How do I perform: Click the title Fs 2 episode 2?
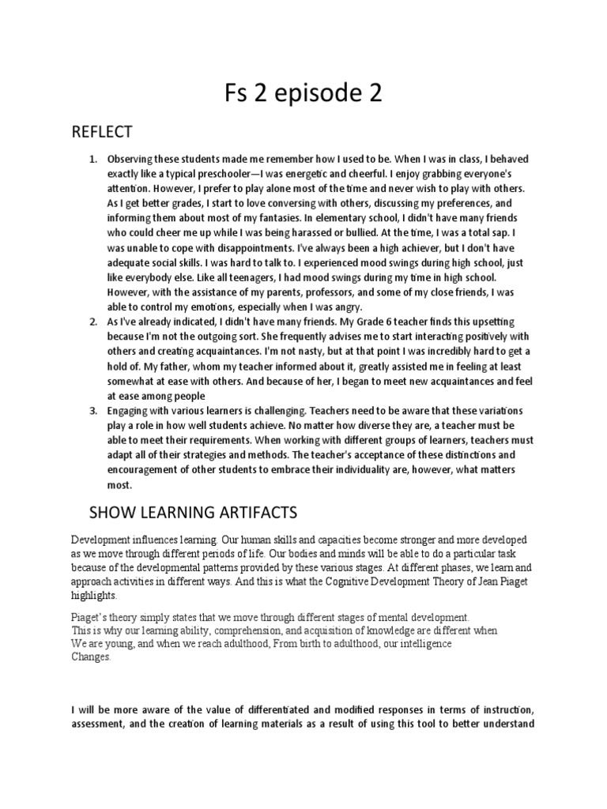point(303,94)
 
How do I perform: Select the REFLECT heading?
point(102,131)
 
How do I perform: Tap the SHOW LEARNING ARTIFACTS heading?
point(192,514)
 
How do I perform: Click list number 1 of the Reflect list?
point(93,160)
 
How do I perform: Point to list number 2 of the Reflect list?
point(93,322)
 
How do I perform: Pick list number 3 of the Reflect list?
point(93,412)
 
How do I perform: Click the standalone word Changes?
point(91,657)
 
